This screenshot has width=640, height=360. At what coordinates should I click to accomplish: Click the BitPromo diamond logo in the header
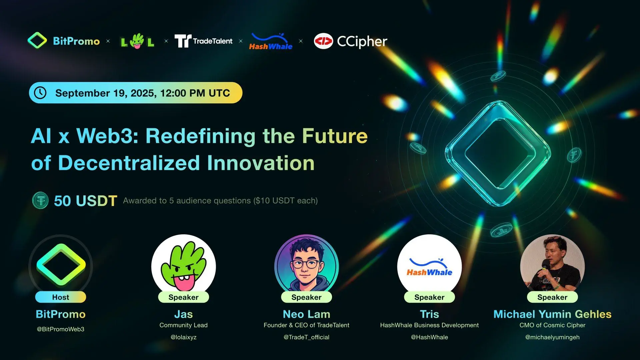click(x=37, y=40)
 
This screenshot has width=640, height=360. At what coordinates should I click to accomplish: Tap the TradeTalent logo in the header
click(x=203, y=41)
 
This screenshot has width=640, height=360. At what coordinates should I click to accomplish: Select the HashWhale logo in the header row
click(x=271, y=42)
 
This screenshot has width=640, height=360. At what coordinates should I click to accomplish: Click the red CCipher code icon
click(x=323, y=41)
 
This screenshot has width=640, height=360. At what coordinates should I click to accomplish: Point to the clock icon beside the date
click(x=40, y=93)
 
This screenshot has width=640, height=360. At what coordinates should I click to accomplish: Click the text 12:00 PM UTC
click(x=195, y=93)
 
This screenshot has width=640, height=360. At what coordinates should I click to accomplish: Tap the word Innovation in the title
click(x=261, y=163)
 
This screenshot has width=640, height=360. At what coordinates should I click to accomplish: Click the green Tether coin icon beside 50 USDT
click(x=40, y=200)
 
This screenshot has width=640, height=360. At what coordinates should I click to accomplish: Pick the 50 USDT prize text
click(x=86, y=201)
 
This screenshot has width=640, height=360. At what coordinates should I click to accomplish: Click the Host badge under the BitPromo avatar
click(x=61, y=297)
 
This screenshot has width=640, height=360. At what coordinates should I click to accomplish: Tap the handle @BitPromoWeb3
click(x=61, y=329)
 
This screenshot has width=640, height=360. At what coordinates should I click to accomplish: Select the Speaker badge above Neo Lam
click(x=306, y=297)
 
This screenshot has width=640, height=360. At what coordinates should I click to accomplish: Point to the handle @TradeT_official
click(x=306, y=337)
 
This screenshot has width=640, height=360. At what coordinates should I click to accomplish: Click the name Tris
click(x=429, y=314)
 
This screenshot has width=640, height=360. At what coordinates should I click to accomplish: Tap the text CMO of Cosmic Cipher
click(x=552, y=325)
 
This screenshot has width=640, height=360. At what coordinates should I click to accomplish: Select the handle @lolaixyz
click(x=184, y=337)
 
